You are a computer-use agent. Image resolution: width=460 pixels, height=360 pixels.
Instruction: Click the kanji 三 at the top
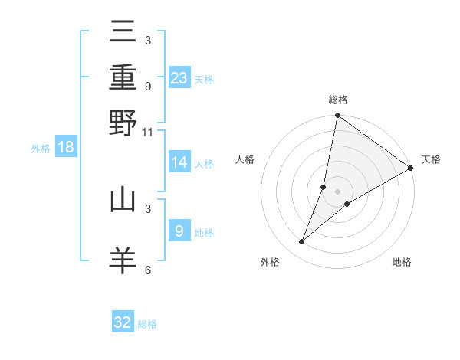123,34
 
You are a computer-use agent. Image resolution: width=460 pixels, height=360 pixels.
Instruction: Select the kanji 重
123,79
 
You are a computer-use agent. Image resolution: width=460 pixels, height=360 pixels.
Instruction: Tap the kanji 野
123,123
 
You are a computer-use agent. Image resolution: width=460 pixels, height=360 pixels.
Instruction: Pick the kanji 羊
123,258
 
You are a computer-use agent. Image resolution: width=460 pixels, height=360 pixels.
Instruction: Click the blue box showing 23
179,77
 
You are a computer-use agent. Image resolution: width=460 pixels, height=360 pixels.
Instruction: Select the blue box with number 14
179,162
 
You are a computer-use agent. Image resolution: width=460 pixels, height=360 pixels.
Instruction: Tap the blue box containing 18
66,147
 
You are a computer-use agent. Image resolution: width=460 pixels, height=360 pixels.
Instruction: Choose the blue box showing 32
123,322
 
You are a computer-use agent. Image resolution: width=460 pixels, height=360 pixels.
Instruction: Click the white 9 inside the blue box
179,231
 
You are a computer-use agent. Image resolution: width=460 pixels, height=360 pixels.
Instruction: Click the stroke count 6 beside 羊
148,270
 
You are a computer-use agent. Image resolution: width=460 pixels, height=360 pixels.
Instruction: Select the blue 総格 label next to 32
147,324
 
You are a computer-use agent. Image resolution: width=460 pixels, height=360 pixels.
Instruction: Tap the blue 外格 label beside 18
40,149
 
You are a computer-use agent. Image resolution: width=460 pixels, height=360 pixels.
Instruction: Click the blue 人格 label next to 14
204,164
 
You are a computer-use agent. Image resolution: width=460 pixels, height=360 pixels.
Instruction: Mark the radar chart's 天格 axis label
431,159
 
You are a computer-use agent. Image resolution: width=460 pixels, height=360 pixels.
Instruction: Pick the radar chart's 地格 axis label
402,263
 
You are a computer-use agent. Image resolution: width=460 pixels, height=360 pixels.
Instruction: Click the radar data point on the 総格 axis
337,116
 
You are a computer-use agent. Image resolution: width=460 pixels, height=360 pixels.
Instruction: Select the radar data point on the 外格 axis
302,242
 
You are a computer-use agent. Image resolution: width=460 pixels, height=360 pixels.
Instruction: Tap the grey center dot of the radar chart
337,191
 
